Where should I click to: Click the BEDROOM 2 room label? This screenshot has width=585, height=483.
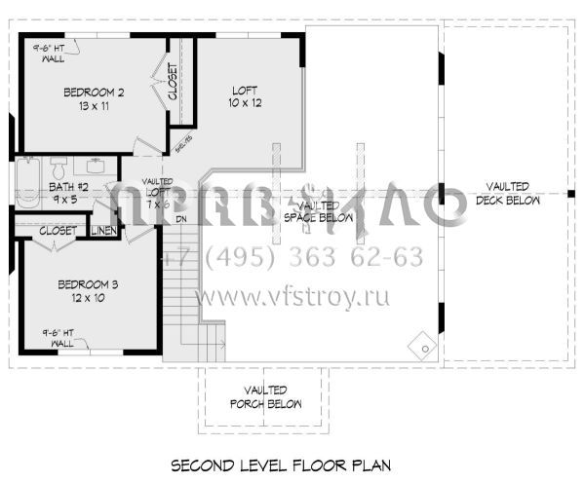coord(94,93)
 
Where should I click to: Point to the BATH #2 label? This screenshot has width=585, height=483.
coord(68,187)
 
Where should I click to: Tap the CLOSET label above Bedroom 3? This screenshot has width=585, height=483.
coord(58,231)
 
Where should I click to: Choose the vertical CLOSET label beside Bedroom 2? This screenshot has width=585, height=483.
coord(173,84)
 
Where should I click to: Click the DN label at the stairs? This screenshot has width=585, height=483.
coord(181,218)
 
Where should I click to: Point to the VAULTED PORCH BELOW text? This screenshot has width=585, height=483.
coord(265,396)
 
